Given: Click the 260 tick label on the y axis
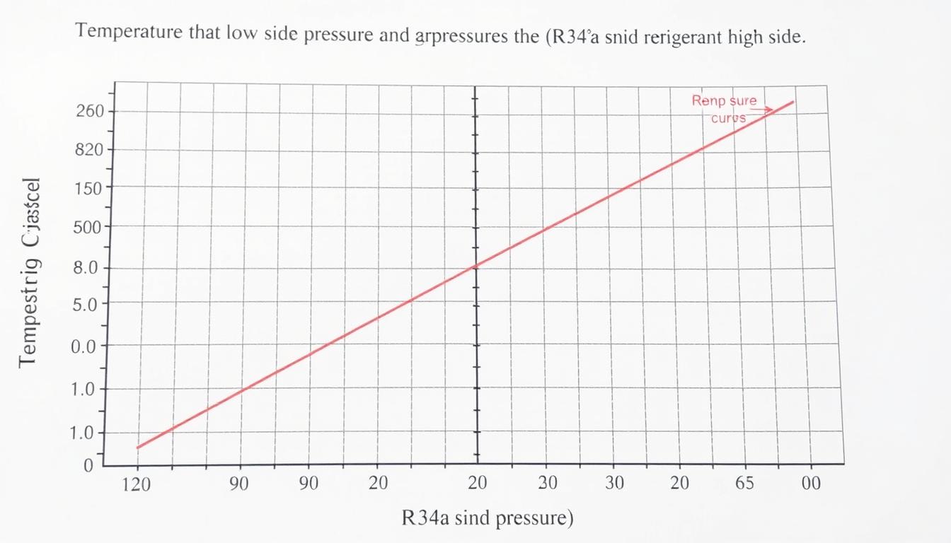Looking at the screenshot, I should coord(90,111).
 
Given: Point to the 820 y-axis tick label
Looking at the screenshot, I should coord(90,150).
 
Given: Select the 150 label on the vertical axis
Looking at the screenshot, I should coord(90,189).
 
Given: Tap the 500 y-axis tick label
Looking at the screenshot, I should coord(89,228).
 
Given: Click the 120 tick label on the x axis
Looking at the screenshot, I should coord(137,484).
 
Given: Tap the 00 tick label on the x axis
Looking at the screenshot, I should coord(811,484).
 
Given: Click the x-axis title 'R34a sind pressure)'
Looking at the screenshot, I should coord(488,518).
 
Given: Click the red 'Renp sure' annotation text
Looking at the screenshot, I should coord(724,101).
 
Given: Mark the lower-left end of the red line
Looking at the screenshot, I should coord(138,447).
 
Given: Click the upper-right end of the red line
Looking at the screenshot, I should coord(792,102).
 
